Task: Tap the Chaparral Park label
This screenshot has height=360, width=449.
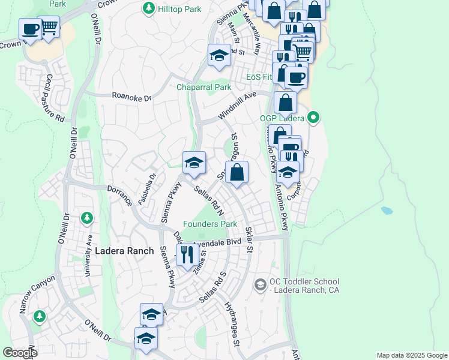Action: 203,88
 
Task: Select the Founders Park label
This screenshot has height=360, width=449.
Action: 210,224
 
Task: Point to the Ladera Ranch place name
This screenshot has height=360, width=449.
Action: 124,250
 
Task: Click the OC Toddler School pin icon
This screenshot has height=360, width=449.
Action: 260,283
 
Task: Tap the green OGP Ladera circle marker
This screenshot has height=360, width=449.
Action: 313,118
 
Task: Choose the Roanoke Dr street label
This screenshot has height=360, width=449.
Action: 132,96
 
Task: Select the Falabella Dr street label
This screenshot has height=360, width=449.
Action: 147,189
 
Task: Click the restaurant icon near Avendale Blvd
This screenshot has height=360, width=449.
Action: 187,254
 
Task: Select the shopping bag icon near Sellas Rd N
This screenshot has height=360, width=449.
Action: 237,172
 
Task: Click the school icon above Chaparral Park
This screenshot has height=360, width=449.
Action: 219,56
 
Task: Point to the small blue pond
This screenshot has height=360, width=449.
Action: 387,211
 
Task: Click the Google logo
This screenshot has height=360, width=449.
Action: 20,353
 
